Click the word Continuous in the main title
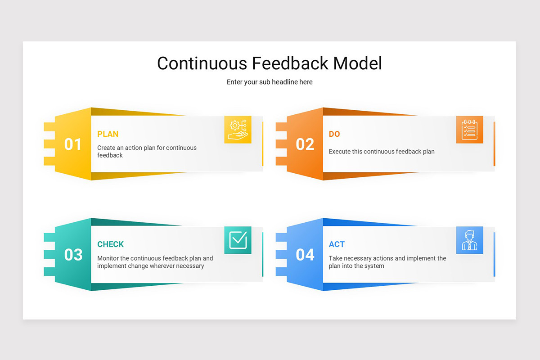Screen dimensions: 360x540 coord(202,63)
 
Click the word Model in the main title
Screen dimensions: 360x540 coord(357,63)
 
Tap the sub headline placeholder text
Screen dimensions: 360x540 coord(270,82)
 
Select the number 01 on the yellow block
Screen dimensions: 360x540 coord(73,144)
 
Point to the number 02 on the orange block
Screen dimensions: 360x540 coord(305,144)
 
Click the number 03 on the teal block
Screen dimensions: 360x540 coord(73,255)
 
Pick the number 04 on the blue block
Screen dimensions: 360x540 coord(305,255)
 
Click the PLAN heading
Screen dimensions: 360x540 coord(108,134)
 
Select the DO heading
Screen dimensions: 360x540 coord(334,134)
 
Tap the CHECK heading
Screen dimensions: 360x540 coord(110,244)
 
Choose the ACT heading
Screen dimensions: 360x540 coord(337,244)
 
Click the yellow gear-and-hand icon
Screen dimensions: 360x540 coord(238,130)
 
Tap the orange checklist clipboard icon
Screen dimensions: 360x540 coord(469,130)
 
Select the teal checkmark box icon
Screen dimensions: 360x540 coord(238,240)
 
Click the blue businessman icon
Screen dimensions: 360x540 coord(469,240)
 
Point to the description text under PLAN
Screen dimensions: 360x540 coord(147,151)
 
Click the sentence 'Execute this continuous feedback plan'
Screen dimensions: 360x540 coord(382,152)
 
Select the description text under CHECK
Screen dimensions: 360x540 coord(155,262)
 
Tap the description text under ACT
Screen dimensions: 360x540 coord(387,262)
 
